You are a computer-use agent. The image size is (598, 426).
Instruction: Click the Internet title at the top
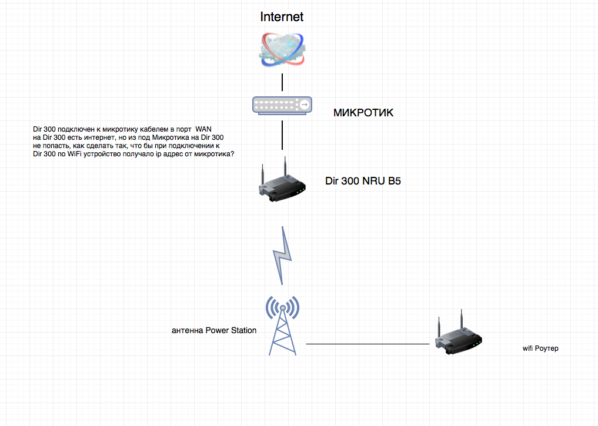coord(282,16)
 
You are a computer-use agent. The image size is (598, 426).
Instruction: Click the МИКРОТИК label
coord(363,113)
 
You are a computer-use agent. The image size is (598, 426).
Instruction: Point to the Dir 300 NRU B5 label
coord(363,181)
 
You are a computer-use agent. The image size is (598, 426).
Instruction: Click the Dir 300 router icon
coord(282,182)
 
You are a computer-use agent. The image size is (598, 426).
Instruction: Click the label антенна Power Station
coord(214,330)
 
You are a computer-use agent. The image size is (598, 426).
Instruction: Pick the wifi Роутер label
coord(540,348)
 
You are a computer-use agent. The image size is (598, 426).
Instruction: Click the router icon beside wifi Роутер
coord(458,337)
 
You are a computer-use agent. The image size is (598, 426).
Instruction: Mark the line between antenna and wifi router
coord(368,344)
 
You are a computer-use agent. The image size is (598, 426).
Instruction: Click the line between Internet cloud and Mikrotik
coord(282,81)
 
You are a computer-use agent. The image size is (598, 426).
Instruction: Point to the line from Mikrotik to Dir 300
coord(282,135)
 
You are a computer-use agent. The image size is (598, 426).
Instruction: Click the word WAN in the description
coord(203,129)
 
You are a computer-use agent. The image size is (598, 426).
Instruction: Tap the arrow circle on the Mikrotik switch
coord(304,105)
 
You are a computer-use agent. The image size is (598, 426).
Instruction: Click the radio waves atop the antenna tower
coord(282,306)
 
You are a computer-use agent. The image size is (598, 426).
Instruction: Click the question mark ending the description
coord(233,153)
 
